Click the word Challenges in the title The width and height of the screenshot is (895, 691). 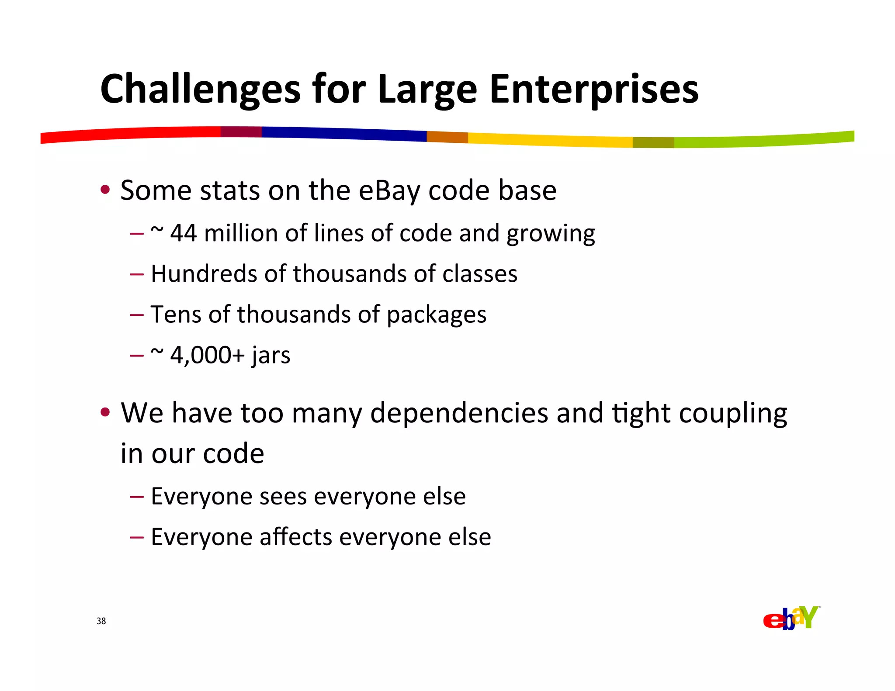[x=200, y=90]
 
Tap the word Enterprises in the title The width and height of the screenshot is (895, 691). [x=593, y=90]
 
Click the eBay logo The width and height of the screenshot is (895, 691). [x=791, y=618]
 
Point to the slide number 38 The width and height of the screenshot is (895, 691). [x=101, y=621]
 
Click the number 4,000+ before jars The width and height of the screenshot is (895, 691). [x=207, y=355]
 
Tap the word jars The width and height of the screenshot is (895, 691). [x=271, y=356]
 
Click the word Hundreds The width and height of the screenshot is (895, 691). [x=204, y=274]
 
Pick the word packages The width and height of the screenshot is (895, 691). [x=436, y=315]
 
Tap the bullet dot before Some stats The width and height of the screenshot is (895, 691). [x=105, y=190]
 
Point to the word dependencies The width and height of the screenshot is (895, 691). [x=459, y=413]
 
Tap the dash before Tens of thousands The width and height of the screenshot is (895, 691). [x=137, y=314]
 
